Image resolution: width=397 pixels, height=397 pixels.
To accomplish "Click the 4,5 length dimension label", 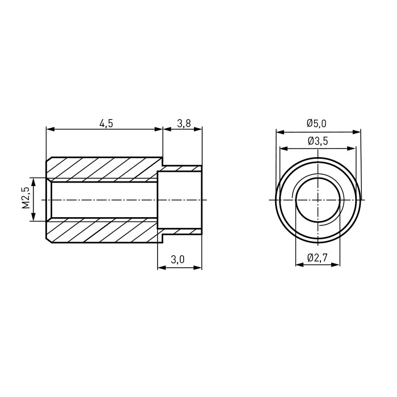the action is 106,124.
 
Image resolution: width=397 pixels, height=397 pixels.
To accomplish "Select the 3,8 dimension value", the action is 184,124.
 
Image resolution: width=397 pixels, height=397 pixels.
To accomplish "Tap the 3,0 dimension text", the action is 178,260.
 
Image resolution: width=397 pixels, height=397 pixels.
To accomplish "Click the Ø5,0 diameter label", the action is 316,124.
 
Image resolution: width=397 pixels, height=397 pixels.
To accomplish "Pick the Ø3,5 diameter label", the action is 318,141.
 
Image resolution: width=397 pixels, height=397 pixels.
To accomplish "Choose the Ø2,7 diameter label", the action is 318,258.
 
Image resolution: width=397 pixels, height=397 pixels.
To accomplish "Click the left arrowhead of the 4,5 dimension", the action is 50,129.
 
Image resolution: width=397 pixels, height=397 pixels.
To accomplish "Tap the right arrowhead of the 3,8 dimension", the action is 198,129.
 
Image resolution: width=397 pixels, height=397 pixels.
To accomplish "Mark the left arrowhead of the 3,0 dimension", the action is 162,268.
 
